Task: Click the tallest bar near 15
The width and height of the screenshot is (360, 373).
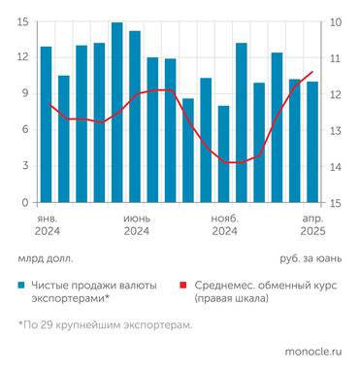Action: click(x=116, y=112)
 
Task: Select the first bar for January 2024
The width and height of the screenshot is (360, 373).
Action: click(x=46, y=124)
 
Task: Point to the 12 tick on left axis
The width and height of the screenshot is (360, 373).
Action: click(x=22, y=57)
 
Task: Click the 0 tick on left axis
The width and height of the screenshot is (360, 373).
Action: click(x=26, y=203)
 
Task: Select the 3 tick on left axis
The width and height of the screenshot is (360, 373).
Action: click(x=26, y=167)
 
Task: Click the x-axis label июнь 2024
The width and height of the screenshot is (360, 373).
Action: click(x=136, y=225)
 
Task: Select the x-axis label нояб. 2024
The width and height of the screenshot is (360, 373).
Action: click(x=224, y=225)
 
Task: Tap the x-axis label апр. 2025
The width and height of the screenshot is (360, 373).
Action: click(x=310, y=225)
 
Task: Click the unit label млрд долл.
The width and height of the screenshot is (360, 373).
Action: click(x=45, y=259)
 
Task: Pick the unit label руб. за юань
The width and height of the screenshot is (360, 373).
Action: click(x=311, y=259)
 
